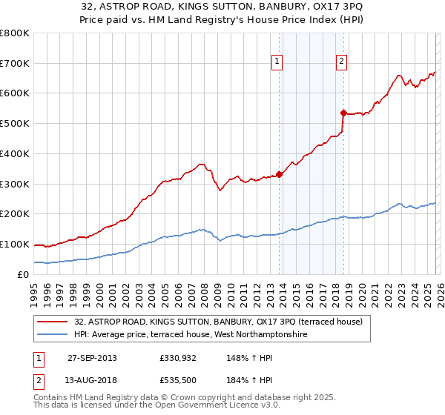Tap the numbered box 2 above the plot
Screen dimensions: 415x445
point(341,62)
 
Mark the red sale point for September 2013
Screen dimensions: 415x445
point(280,175)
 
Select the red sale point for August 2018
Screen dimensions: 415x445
point(343,113)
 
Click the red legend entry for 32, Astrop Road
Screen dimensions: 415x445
point(218,322)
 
